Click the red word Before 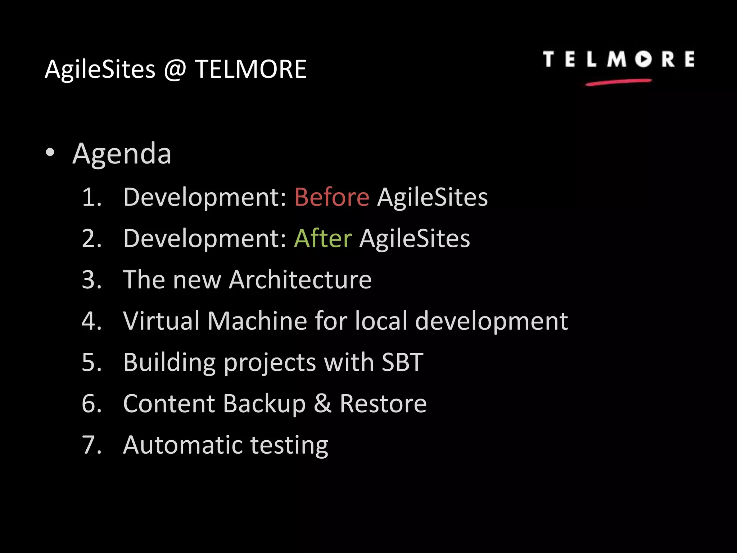pos(331,197)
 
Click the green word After pos(323,238)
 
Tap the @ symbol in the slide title pos(175,69)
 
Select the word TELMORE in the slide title pos(250,69)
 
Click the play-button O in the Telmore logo pos(643,59)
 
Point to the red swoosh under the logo pos(618,82)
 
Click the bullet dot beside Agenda pos(50,153)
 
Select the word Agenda pos(122,154)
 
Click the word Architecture pos(300,280)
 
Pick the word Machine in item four pos(257,321)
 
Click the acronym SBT pos(402,362)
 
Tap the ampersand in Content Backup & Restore pos(322,404)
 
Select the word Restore pos(383,404)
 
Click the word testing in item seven pos(289,446)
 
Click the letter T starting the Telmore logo pos(548,59)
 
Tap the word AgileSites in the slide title pos(100,69)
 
